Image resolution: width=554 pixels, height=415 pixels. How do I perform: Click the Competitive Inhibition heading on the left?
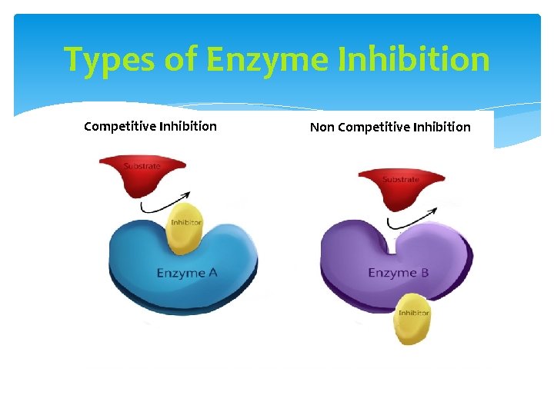[150, 126]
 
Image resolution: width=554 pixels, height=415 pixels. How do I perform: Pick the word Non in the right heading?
[322, 127]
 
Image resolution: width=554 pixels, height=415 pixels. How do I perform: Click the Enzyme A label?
[181, 273]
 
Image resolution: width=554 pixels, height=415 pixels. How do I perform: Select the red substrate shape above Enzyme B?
[401, 188]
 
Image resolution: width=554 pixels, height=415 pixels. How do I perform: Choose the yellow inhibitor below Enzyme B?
[413, 319]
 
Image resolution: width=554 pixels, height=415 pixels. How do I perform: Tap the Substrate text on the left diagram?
[142, 166]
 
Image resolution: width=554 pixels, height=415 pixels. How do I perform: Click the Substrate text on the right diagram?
[400, 180]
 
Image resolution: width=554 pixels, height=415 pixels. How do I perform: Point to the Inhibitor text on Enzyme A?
[185, 223]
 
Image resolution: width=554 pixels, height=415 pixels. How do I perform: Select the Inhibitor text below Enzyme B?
[413, 313]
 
